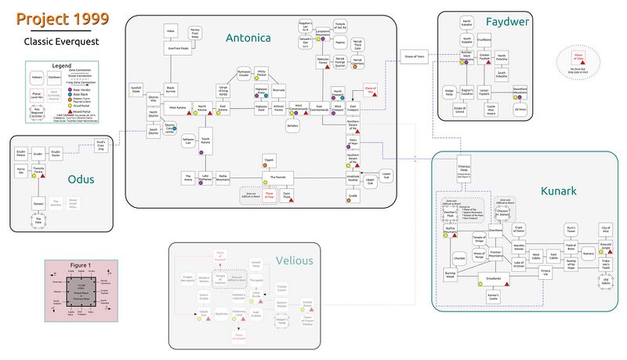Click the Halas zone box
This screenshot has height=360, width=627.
pos(169,31)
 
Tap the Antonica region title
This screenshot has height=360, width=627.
pos(248,38)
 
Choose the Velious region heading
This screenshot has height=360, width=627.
pos(295,260)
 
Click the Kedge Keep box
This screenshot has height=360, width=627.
pos(449,92)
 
